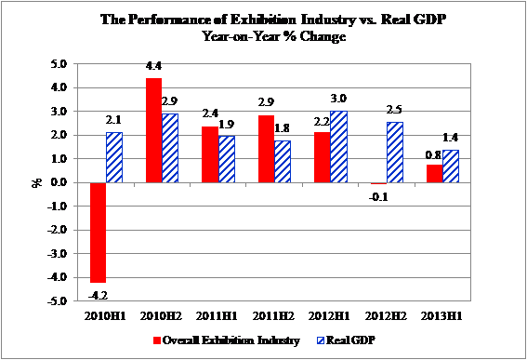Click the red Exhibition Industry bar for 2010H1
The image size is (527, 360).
click(x=98, y=233)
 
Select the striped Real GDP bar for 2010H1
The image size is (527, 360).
click(x=114, y=157)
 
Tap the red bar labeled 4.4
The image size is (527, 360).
click(x=153, y=130)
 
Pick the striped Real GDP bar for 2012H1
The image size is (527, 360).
click(x=338, y=147)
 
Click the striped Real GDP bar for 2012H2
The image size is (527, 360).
click(x=395, y=153)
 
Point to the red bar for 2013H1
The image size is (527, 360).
click(x=435, y=174)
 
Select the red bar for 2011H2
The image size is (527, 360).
click(x=266, y=149)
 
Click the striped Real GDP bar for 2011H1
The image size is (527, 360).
click(x=227, y=159)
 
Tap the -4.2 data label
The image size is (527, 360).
click(x=98, y=296)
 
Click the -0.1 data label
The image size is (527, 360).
click(x=378, y=197)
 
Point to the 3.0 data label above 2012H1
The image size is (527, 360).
click(x=338, y=99)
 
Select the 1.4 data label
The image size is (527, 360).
click(x=451, y=138)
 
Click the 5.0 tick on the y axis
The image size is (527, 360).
click(x=59, y=63)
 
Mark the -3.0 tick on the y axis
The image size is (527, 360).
click(x=57, y=253)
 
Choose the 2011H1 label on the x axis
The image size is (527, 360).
click(x=217, y=316)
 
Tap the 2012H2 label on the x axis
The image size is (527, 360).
click(x=386, y=316)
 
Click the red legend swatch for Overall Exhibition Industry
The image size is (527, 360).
click(x=157, y=340)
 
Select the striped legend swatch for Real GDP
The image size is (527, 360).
click(x=321, y=340)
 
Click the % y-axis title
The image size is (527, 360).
click(x=37, y=182)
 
